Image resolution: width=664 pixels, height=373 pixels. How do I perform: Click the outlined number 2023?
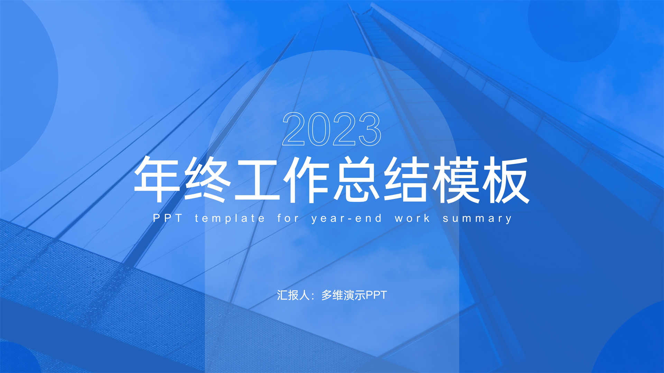pyautogui.click(x=332, y=129)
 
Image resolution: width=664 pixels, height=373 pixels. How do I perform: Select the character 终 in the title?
pyautogui.click(x=207, y=179)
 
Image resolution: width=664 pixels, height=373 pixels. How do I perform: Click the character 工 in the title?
pyautogui.click(x=257, y=179)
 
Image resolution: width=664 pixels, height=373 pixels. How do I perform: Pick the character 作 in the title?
pyautogui.click(x=306, y=179)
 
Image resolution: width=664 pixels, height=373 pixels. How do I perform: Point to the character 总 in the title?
pyautogui.click(x=356, y=179)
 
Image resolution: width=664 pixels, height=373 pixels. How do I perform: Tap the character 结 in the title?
pyautogui.click(x=406, y=179)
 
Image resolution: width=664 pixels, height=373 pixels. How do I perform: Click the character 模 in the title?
pyautogui.click(x=456, y=179)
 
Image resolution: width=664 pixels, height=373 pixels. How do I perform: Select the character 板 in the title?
pyautogui.click(x=506, y=179)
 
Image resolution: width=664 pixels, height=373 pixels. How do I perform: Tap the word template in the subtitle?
pyautogui.click(x=230, y=219)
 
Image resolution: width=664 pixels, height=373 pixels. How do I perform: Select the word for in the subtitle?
pyautogui.click(x=288, y=218)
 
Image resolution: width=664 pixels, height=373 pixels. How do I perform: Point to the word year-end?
pyautogui.click(x=347, y=219)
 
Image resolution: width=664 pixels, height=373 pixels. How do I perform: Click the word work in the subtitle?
pyautogui.click(x=412, y=218)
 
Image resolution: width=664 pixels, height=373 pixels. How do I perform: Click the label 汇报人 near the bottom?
pyautogui.click(x=293, y=295)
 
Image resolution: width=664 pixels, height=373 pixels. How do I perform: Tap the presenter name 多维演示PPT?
pyautogui.click(x=354, y=295)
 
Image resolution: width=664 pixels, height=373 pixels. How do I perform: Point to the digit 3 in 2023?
pyautogui.click(x=370, y=129)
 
